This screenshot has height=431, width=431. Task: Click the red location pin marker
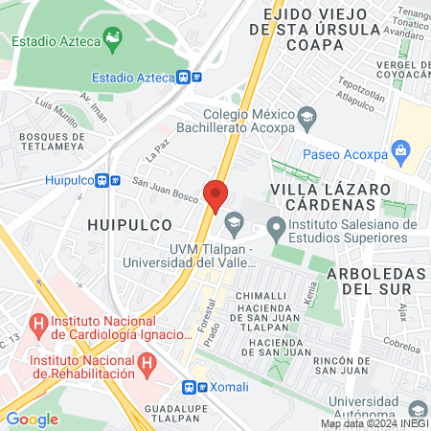[x=215, y=194]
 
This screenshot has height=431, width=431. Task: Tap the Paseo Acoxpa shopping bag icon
[x=400, y=150]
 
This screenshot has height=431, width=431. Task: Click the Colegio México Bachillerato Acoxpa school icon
[x=306, y=119]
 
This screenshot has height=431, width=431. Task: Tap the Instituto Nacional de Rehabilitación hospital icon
[x=146, y=362]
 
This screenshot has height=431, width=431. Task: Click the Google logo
[x=32, y=419]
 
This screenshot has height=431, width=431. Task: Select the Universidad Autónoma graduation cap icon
[x=416, y=409]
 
